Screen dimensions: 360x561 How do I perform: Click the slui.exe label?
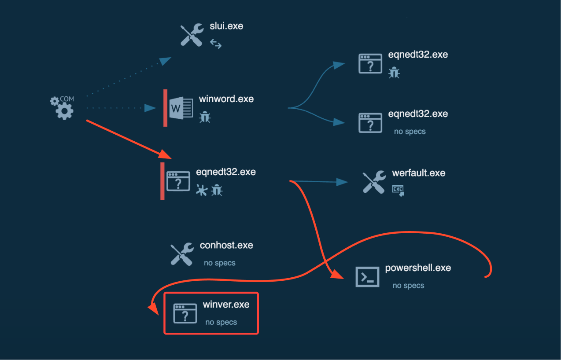[226, 26]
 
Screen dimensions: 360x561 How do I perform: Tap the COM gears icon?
[62, 107]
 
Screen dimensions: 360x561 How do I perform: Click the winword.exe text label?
[226, 99]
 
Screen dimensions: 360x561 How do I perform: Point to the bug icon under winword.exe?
[205, 117]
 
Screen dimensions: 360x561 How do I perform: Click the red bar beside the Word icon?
[165, 108]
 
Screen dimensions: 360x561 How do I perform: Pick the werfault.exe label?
[418, 173]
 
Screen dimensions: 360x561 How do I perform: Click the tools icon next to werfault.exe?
[374, 182]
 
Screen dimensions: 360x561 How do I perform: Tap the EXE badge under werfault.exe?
[398, 190]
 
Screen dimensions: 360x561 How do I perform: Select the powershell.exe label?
[418, 268]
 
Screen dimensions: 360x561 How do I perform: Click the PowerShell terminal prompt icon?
[367, 277]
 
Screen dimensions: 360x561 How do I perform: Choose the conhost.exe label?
[226, 245]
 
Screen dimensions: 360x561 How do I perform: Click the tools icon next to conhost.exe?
[181, 254]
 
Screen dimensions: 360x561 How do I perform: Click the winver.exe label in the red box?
[226, 305]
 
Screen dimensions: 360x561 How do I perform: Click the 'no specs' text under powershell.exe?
[408, 286]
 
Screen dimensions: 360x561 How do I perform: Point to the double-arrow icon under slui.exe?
[215, 43]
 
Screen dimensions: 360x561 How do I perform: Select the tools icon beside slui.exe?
[192, 35]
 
